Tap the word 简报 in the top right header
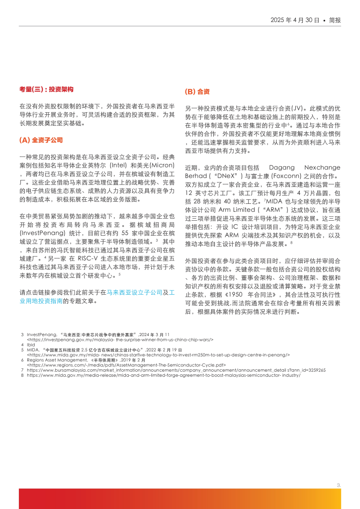click(x=335, y=20)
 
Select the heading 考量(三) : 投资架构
click(x=46, y=89)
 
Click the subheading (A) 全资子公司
click(x=41, y=140)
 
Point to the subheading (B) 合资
click(x=197, y=91)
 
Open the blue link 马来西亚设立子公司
click(x=135, y=293)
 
